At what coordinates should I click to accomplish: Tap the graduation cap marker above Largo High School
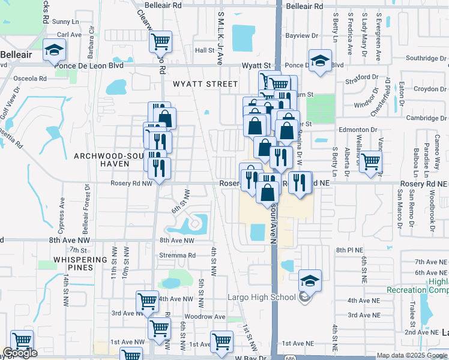pos(310,281)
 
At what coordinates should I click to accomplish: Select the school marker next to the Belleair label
pos(54,50)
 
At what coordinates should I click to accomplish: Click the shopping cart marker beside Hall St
pos(160,42)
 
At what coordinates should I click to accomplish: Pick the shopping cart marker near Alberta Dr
pos(371,161)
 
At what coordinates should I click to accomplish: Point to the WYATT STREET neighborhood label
pos(205,84)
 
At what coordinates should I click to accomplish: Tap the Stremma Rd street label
pos(178,255)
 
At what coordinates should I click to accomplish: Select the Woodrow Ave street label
pos(204,317)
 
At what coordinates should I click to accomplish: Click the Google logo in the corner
pos(20,353)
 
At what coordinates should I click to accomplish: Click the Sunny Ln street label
pos(61,22)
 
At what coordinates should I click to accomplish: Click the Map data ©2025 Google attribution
pos(412,355)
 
